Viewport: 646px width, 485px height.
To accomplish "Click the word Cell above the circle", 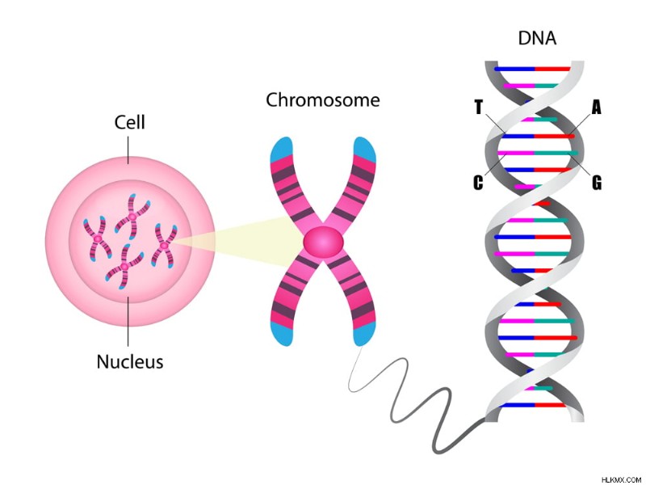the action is click(130, 123).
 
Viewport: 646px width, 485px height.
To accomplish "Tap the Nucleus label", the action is click(130, 361).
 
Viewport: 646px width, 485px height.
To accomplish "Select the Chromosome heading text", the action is click(322, 99).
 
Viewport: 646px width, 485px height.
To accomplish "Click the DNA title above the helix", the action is click(537, 38).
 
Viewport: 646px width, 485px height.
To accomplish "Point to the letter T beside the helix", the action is click(478, 107).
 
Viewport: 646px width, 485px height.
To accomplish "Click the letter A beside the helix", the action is click(596, 108).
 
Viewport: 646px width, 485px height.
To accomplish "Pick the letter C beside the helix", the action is click(478, 182).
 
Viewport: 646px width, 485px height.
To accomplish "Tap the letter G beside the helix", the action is click(596, 183).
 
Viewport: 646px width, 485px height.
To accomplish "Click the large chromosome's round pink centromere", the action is click(324, 243).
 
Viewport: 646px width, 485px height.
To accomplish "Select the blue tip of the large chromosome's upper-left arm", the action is click(281, 150).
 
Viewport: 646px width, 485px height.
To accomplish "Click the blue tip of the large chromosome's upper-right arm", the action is click(365, 150).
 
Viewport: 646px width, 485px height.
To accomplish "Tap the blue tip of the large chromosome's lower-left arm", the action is click(282, 334).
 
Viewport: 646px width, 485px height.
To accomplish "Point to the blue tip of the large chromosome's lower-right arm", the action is click(364, 334).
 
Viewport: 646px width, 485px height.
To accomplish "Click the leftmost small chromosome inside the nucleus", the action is click(98, 238).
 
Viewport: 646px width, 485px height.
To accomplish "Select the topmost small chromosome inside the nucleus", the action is click(132, 217).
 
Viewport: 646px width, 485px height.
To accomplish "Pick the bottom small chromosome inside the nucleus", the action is click(124, 267).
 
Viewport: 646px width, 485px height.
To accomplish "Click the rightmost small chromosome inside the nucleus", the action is click(165, 246).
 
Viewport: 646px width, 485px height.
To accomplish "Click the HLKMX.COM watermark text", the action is click(622, 479).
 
